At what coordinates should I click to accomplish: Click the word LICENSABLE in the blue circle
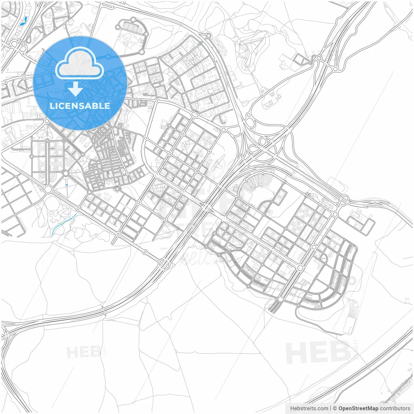[x=80, y=106]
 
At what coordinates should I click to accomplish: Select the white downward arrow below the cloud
[x=75, y=89]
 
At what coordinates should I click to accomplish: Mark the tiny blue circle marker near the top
[x=201, y=43]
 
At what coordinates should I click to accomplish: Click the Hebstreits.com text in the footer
[x=309, y=408]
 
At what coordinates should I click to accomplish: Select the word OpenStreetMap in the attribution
[x=358, y=408]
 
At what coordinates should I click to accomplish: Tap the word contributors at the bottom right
[x=395, y=408]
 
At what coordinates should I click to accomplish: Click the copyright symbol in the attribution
[x=335, y=408]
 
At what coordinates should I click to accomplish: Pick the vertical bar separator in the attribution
[x=330, y=408]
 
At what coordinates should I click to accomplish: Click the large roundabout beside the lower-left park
[x=48, y=189]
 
